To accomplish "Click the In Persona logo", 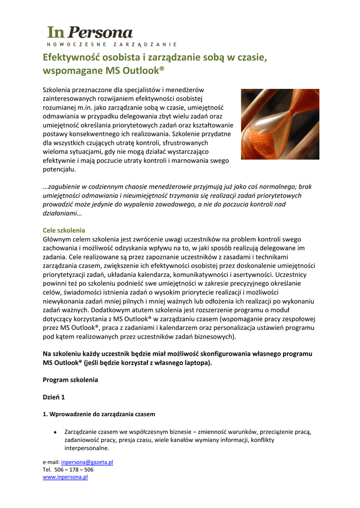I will pyautogui.click(x=90, y=33).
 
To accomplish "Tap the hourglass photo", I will pyautogui.click(x=280, y=124).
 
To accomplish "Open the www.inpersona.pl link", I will pyautogui.click(x=65, y=477).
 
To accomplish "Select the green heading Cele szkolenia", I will pyautogui.click(x=64, y=230).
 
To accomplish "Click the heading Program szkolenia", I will pyautogui.click(x=71, y=380).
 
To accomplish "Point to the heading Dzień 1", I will pyautogui.click(x=54, y=397).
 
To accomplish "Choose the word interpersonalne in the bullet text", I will pyautogui.click(x=86, y=448).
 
